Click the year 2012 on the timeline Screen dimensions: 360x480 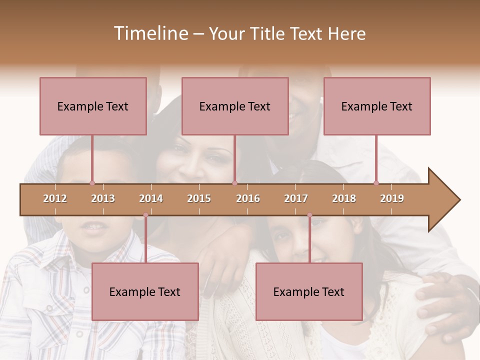[55, 198]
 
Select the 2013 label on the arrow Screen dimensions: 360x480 [103, 198]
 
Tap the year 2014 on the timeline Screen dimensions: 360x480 [151, 198]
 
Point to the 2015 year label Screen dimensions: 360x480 [199, 198]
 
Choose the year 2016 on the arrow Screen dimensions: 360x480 [248, 198]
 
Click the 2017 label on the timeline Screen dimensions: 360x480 [296, 198]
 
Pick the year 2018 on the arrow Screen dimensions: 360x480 [344, 198]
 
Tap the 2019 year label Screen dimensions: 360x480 [392, 198]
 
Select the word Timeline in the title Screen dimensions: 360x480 [150, 33]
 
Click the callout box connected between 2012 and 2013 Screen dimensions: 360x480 [93, 106]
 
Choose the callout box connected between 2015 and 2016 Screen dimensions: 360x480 [235, 106]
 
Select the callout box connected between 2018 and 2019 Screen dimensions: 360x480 [377, 106]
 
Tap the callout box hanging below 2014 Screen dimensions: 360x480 [145, 291]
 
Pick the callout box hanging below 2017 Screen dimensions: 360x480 [309, 291]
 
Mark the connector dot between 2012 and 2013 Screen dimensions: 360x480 [92, 183]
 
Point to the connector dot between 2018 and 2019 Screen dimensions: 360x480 [376, 183]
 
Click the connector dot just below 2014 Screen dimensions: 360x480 [145, 215]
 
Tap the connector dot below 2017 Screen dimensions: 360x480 [309, 215]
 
